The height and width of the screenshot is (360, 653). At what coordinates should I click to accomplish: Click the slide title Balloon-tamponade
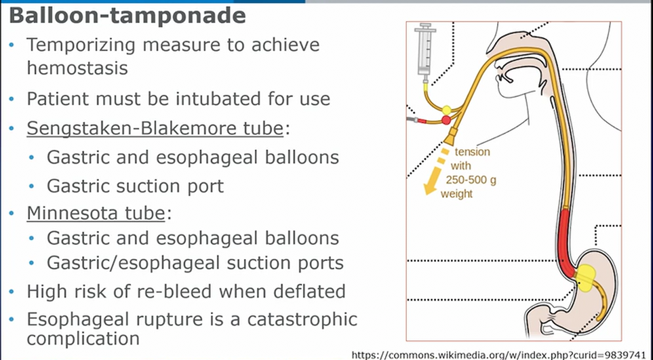127,16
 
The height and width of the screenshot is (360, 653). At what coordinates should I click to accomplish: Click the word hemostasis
77,68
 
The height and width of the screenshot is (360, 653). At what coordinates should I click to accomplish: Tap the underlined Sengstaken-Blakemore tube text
155,129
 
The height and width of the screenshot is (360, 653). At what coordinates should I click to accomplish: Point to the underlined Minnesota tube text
96,213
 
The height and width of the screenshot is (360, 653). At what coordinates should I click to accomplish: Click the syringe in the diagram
425,52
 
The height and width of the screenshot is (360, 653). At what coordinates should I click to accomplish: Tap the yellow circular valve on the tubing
446,111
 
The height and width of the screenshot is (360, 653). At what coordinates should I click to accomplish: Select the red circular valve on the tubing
446,120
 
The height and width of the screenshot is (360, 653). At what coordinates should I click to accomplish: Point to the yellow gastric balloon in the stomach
585,277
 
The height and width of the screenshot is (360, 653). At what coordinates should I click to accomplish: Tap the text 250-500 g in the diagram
471,180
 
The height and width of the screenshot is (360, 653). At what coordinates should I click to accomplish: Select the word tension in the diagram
472,152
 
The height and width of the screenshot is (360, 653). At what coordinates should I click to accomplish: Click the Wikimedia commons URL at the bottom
500,355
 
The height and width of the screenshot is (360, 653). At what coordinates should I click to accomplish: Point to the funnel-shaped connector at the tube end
452,135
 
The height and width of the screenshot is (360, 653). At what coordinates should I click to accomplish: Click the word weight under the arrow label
457,194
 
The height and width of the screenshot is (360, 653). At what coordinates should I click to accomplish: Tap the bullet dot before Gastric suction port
32,186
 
